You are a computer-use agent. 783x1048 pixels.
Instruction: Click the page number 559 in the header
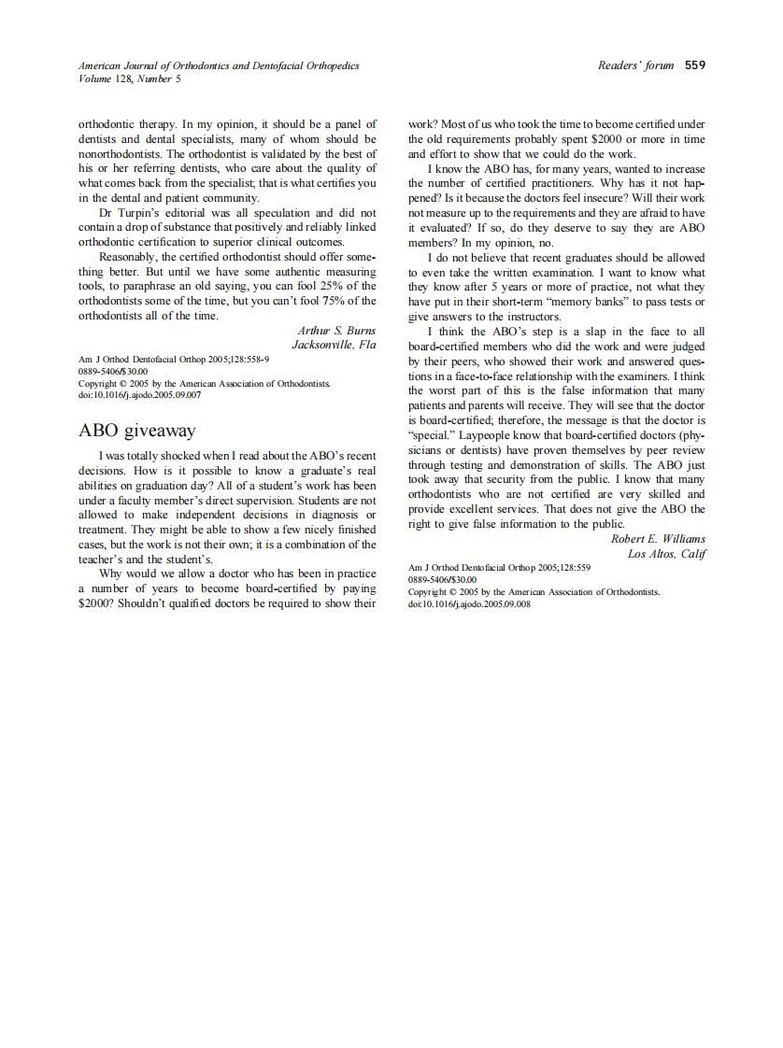(x=695, y=65)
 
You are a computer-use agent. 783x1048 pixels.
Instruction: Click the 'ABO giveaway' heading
(x=136, y=431)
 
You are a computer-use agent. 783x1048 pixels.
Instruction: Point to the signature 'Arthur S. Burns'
(x=336, y=331)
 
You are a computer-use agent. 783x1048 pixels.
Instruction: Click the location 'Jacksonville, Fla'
(x=334, y=345)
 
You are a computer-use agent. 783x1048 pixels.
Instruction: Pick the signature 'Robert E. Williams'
(x=658, y=539)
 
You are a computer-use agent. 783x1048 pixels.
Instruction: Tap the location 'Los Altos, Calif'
(x=666, y=554)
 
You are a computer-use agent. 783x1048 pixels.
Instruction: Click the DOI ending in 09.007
(x=140, y=395)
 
